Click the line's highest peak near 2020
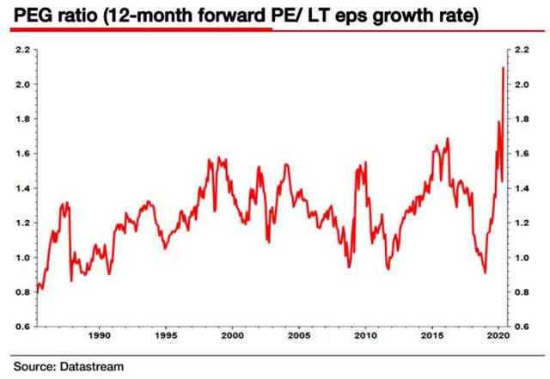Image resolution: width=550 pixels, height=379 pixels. [503, 68]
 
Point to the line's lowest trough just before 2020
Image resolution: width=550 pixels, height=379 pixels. [485, 272]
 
